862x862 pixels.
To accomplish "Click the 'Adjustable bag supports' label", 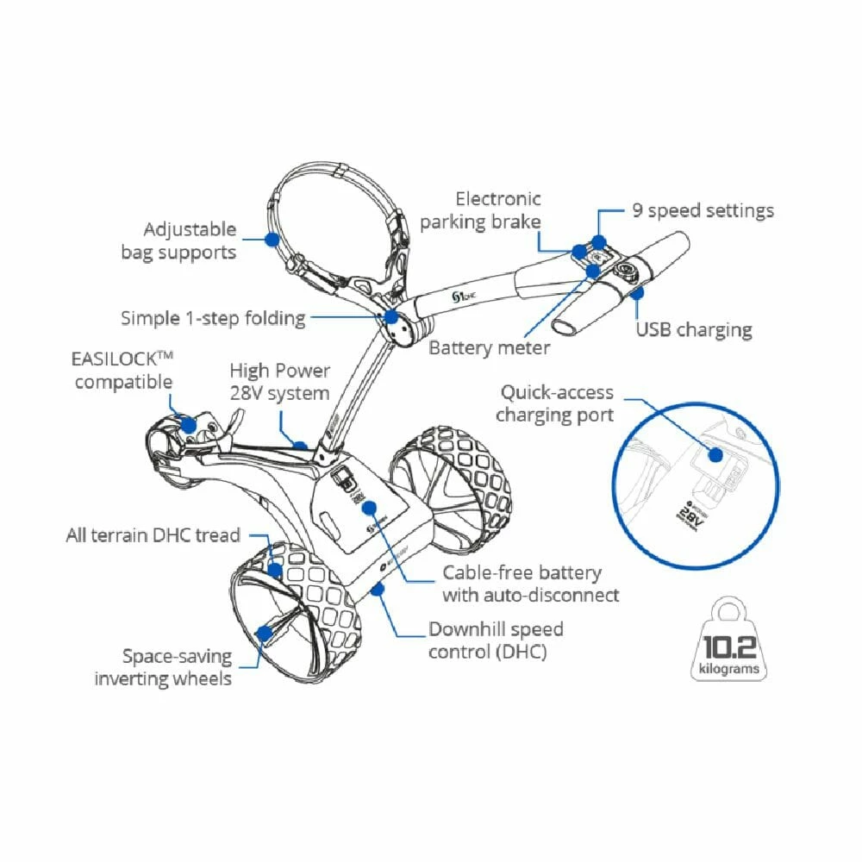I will click(x=190, y=240).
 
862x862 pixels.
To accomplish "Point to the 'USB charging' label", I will click(x=693, y=329).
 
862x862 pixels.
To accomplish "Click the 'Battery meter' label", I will click(x=489, y=347).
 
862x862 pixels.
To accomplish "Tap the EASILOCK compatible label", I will click(x=122, y=370).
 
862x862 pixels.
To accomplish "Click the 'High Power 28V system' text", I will click(x=279, y=382).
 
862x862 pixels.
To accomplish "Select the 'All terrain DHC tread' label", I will click(x=153, y=535).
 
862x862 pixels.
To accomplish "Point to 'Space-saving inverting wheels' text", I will click(x=163, y=667).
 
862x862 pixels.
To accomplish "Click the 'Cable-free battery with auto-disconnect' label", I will click(x=530, y=584).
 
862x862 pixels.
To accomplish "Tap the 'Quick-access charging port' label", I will click(x=556, y=403).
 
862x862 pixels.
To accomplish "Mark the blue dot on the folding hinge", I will click(x=392, y=317).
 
